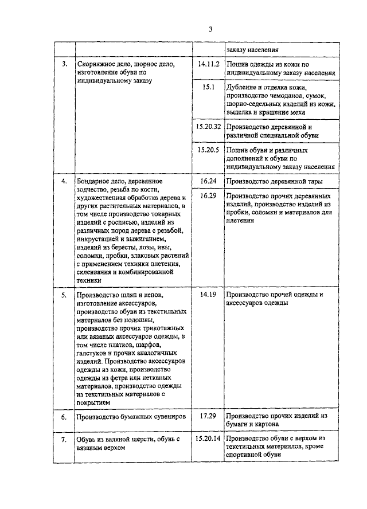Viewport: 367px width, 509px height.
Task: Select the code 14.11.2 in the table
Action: click(x=209, y=65)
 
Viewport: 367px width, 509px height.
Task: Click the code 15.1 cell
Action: click(x=209, y=88)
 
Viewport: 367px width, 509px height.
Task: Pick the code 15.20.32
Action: click(x=209, y=126)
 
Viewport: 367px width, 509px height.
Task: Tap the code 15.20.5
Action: click(x=209, y=150)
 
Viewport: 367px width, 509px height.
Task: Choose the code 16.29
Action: click(x=209, y=196)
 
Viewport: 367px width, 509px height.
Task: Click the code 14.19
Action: click(x=209, y=294)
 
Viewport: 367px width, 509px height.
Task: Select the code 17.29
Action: click(x=209, y=416)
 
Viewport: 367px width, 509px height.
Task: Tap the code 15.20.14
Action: click(x=208, y=438)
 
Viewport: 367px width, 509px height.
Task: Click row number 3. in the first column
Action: click(x=65, y=65)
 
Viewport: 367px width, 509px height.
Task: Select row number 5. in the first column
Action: click(x=65, y=294)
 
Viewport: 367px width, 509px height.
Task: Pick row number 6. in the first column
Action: click(x=65, y=417)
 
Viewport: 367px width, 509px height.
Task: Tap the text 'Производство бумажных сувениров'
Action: click(x=131, y=417)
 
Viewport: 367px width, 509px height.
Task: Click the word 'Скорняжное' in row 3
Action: click(x=96, y=65)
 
